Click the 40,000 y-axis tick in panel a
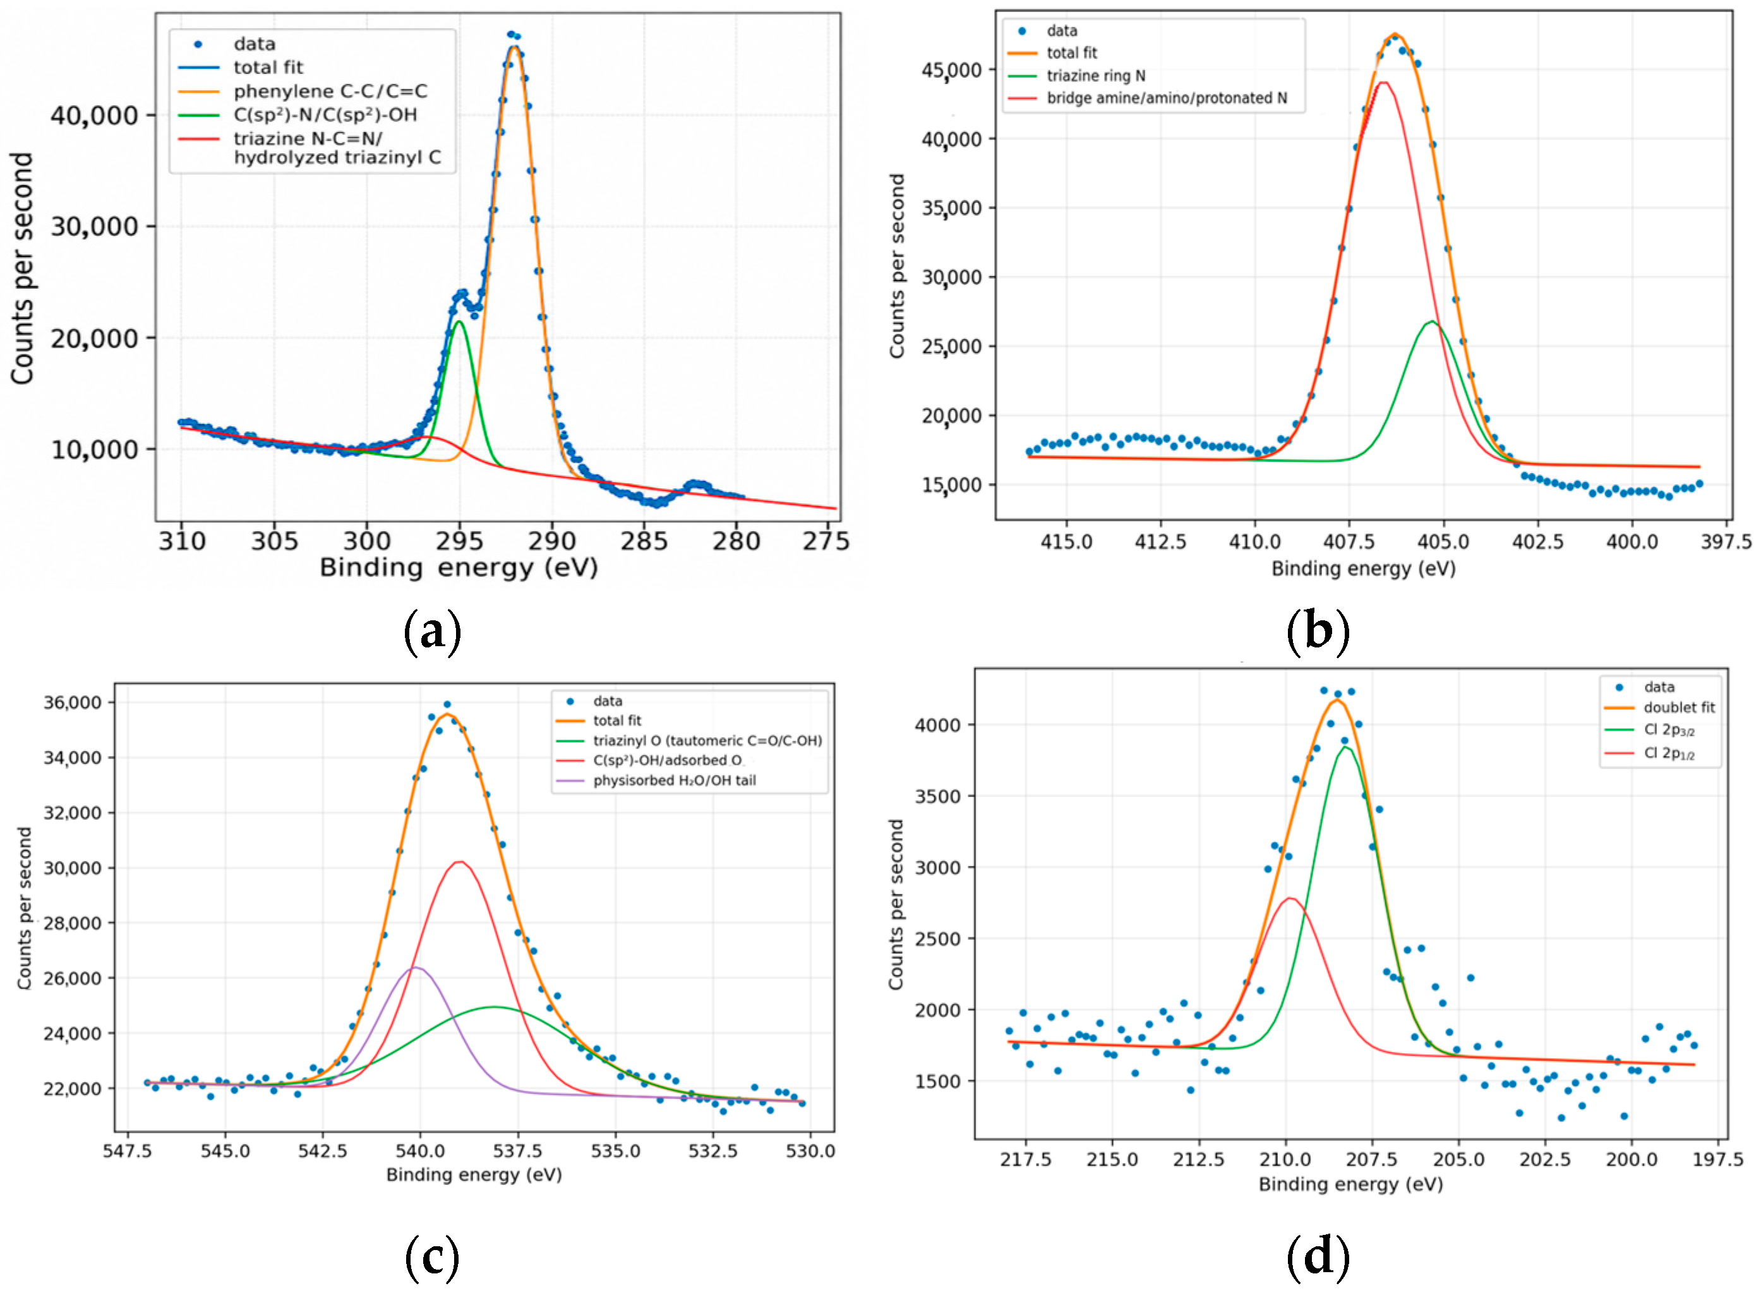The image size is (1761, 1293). tap(95, 116)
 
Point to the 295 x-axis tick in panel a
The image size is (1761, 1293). tap(459, 541)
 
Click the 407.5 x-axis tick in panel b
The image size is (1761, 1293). tap(1349, 541)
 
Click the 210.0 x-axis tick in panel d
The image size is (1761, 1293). tap(1285, 1159)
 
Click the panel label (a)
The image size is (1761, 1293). tap(432, 632)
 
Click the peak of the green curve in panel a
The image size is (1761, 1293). tap(459, 322)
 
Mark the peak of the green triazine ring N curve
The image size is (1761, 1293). tap(1431, 322)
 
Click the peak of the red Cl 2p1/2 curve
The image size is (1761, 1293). tap(1290, 898)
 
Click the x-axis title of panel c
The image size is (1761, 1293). tap(474, 1175)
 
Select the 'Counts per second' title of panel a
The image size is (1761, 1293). tap(23, 268)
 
